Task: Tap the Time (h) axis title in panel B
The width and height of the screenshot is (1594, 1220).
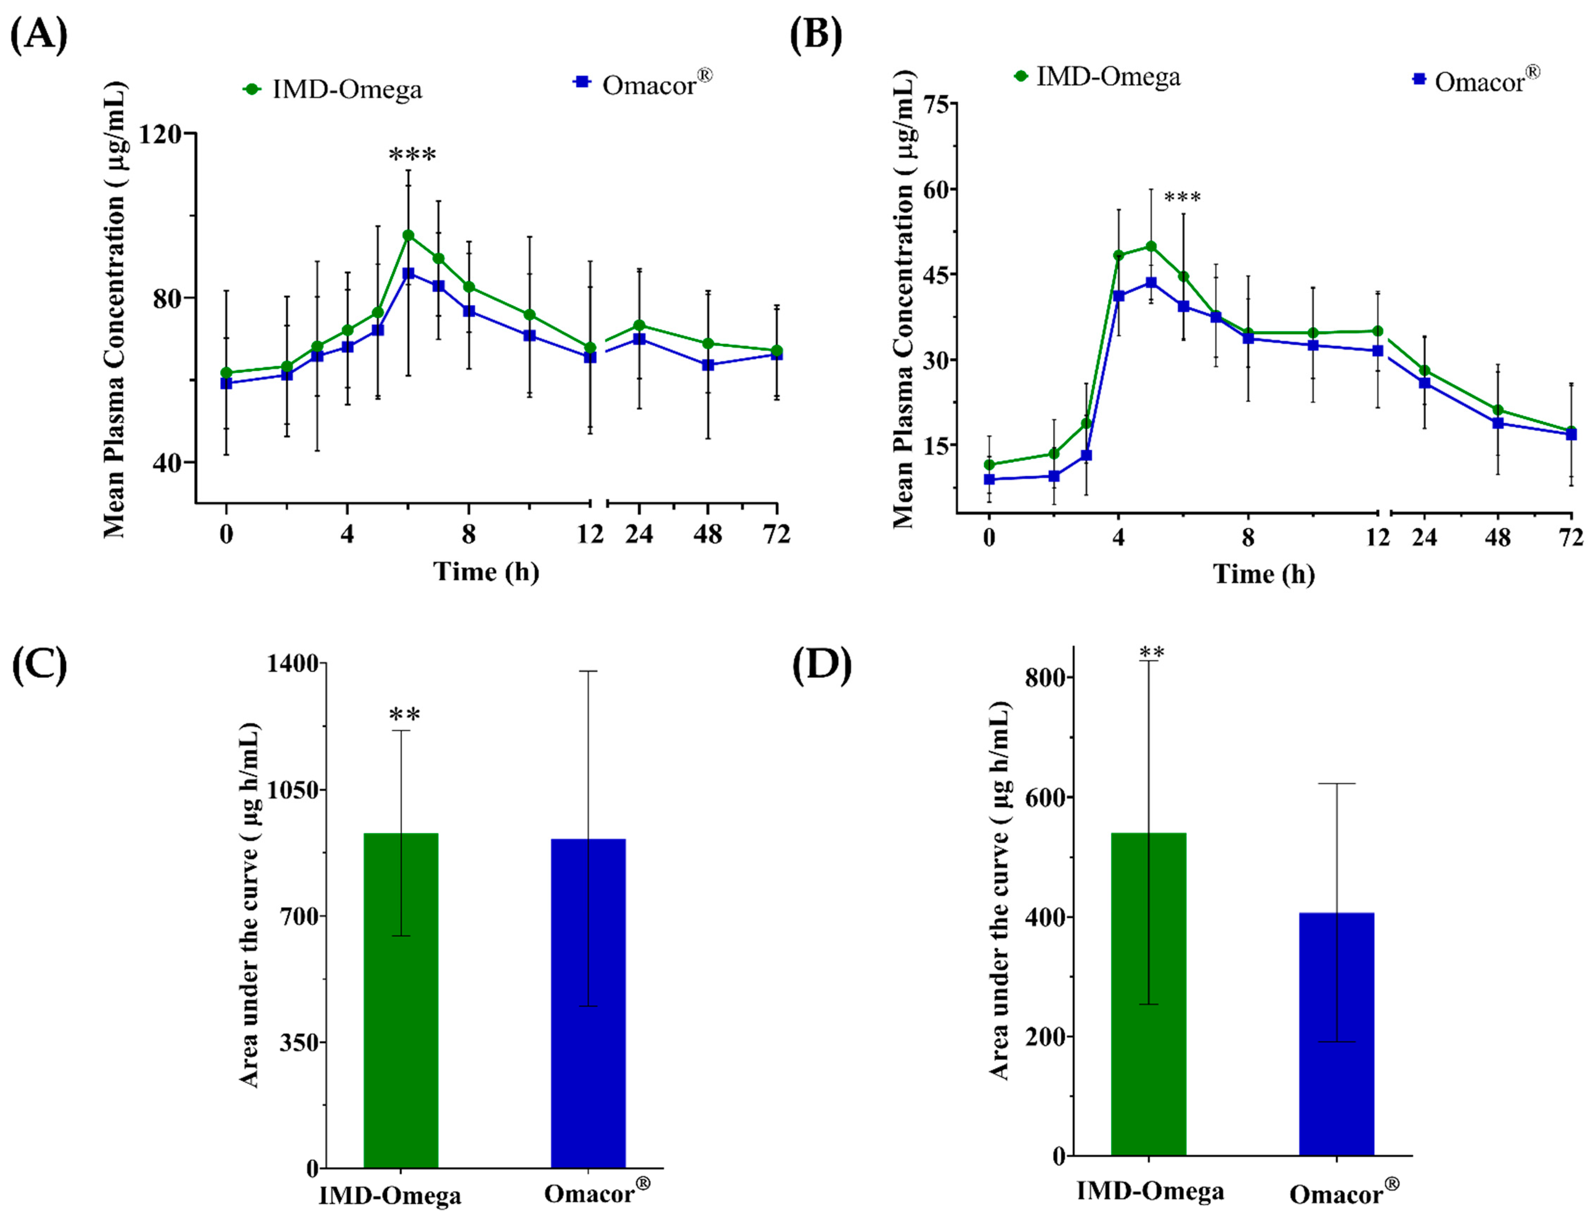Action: click(1264, 574)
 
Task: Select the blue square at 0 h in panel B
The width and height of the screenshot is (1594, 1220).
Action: click(989, 479)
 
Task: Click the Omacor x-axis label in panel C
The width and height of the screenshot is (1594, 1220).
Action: click(597, 1193)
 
